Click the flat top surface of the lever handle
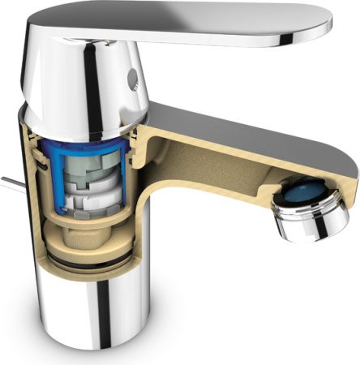203,20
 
